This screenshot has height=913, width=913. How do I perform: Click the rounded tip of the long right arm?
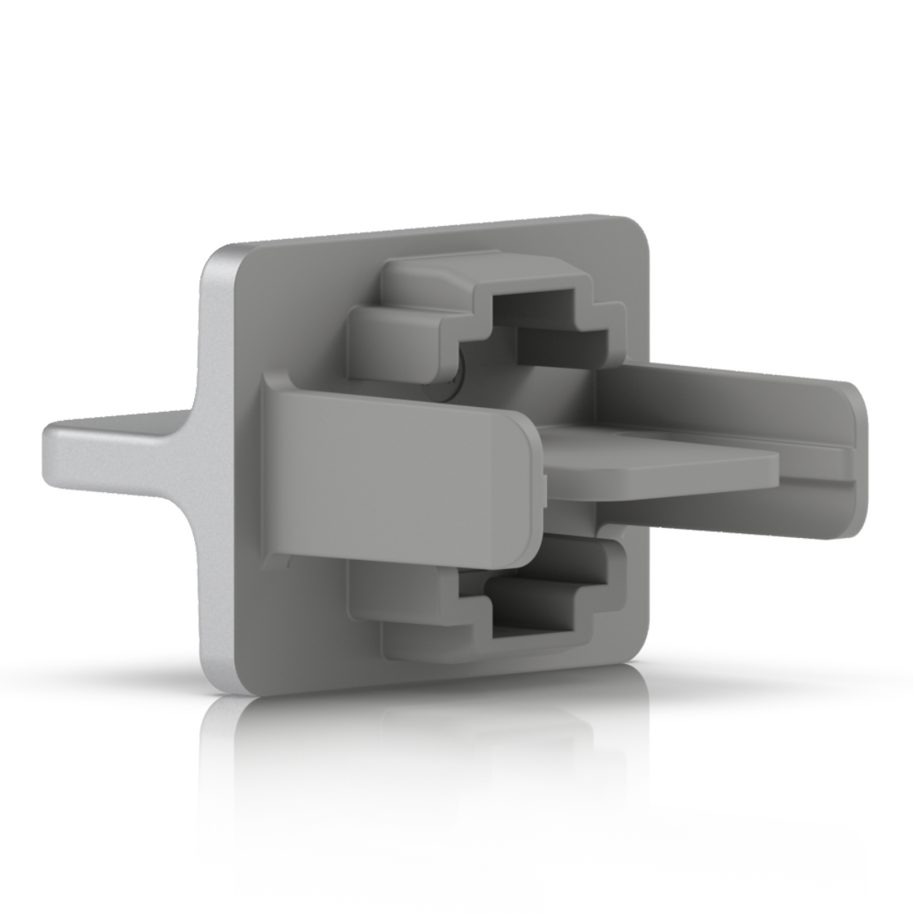click(860, 456)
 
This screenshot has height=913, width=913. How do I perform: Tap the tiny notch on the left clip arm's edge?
click(546, 481)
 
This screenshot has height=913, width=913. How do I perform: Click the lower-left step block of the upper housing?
click(396, 342)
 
